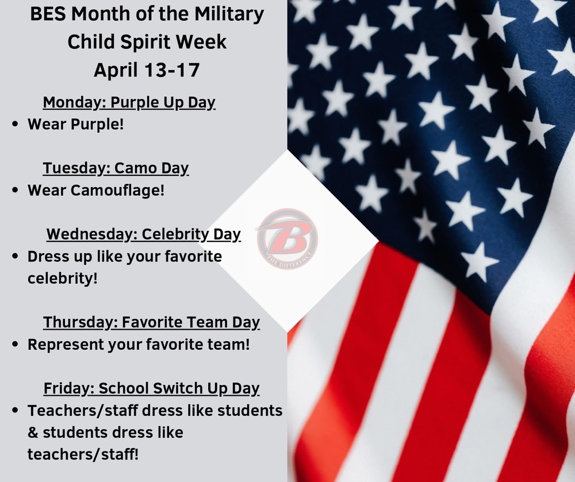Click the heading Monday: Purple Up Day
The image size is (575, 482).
[x=129, y=103]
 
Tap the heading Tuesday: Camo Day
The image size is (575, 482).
[x=116, y=168]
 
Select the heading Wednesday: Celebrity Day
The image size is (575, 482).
[x=143, y=234]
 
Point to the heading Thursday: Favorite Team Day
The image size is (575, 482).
[x=151, y=322]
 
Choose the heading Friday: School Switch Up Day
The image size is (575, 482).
[x=151, y=388]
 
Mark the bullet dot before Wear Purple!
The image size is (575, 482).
[x=16, y=124]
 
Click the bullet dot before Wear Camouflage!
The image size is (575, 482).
[x=16, y=191]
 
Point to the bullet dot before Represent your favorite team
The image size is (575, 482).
[x=16, y=345]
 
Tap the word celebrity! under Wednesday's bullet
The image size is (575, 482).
[x=63, y=278]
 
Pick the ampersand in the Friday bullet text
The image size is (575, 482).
[x=33, y=433]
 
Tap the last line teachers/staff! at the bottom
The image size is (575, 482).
[x=83, y=454]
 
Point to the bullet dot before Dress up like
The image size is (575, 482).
[x=16, y=257]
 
